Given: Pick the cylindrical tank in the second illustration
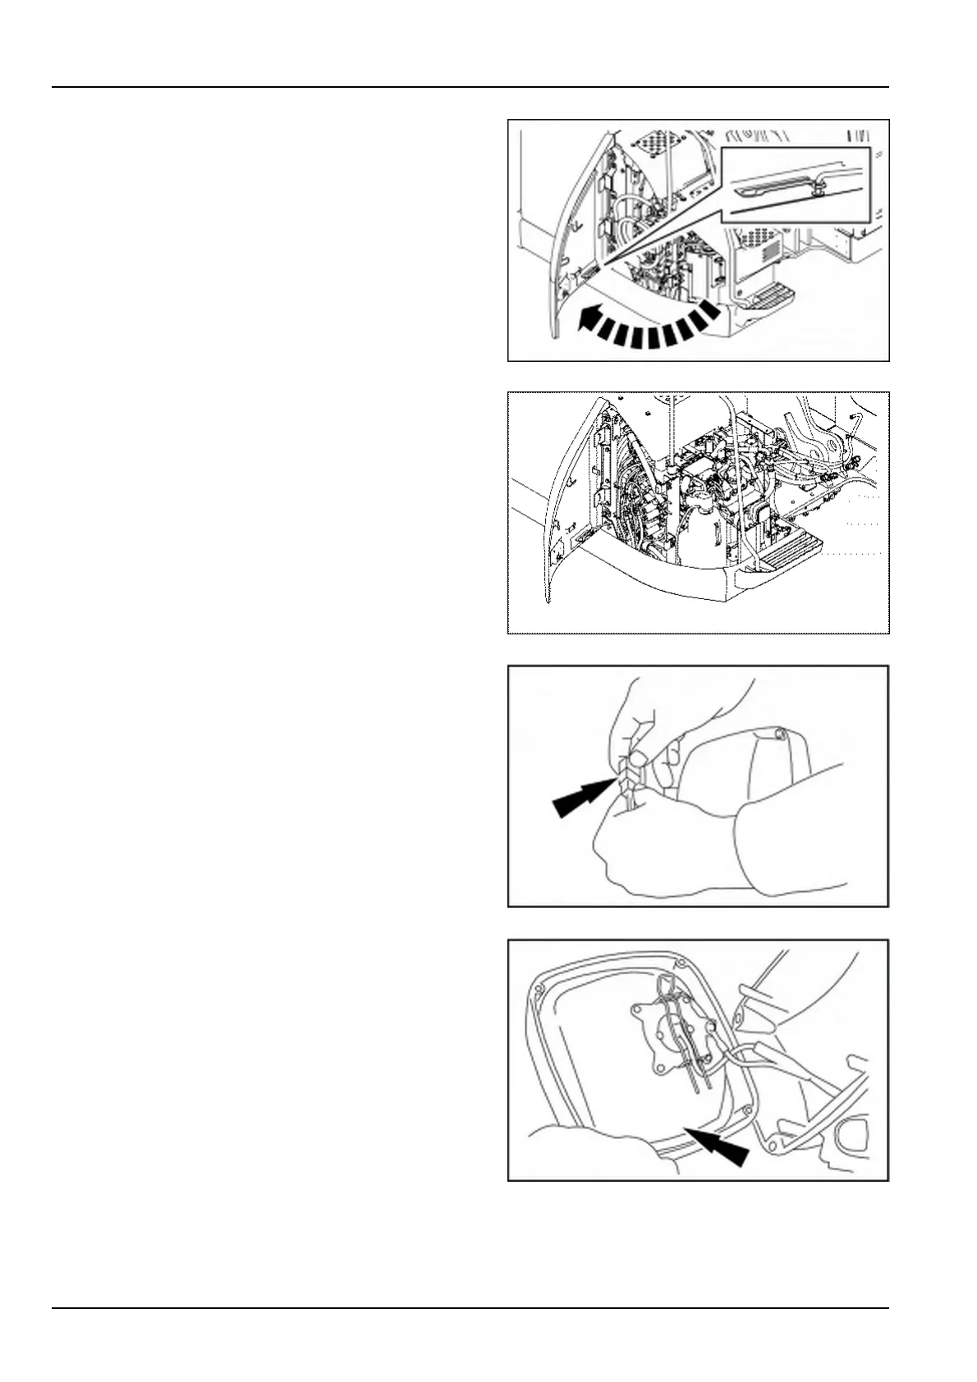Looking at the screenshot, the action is [698, 533].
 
